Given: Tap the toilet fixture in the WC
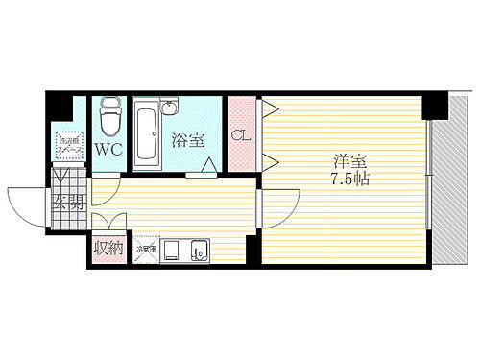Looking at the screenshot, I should point(108,116).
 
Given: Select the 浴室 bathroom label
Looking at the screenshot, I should point(188,140).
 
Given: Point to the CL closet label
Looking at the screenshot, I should point(242,135).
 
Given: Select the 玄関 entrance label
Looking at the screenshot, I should point(68,202).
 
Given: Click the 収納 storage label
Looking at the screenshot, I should point(108,250).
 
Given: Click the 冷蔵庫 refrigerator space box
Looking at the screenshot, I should point(146,250).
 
